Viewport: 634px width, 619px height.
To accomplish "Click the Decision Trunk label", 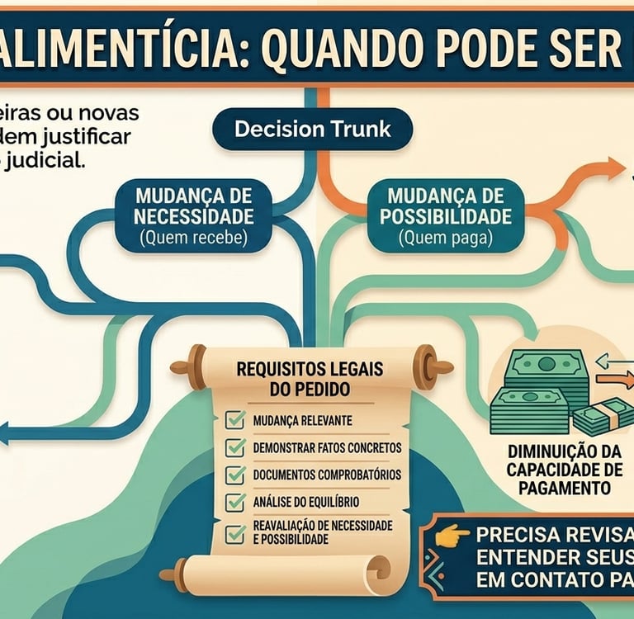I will [311, 130].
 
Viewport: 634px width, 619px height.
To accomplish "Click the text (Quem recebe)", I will [194, 239].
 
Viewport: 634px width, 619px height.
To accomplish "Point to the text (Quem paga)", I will [445, 239].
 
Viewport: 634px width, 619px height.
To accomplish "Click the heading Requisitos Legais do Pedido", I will [310, 379].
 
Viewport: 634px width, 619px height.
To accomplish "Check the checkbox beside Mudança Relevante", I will [236, 420].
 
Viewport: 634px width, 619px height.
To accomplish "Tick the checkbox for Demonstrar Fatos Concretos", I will [236, 447].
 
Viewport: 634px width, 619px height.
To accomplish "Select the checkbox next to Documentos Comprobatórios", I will [236, 475].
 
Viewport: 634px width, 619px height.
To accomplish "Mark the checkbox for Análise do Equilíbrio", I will [236, 501].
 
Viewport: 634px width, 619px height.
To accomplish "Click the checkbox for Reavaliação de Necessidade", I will [236, 532].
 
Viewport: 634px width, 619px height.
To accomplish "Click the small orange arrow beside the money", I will [613, 380].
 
